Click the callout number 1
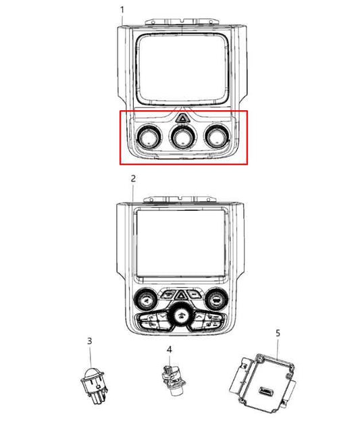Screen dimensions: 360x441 pos(122,10)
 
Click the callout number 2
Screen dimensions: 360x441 pos(133,178)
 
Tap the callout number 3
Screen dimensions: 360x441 pos(89,341)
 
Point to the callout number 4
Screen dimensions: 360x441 pos(169,350)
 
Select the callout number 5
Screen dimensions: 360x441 pos(278,333)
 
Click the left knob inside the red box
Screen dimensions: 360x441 pos(149,137)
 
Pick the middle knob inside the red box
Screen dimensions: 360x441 pos(183,137)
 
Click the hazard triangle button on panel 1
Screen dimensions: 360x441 pos(183,118)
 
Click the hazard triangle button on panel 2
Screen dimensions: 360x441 pos(180,296)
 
